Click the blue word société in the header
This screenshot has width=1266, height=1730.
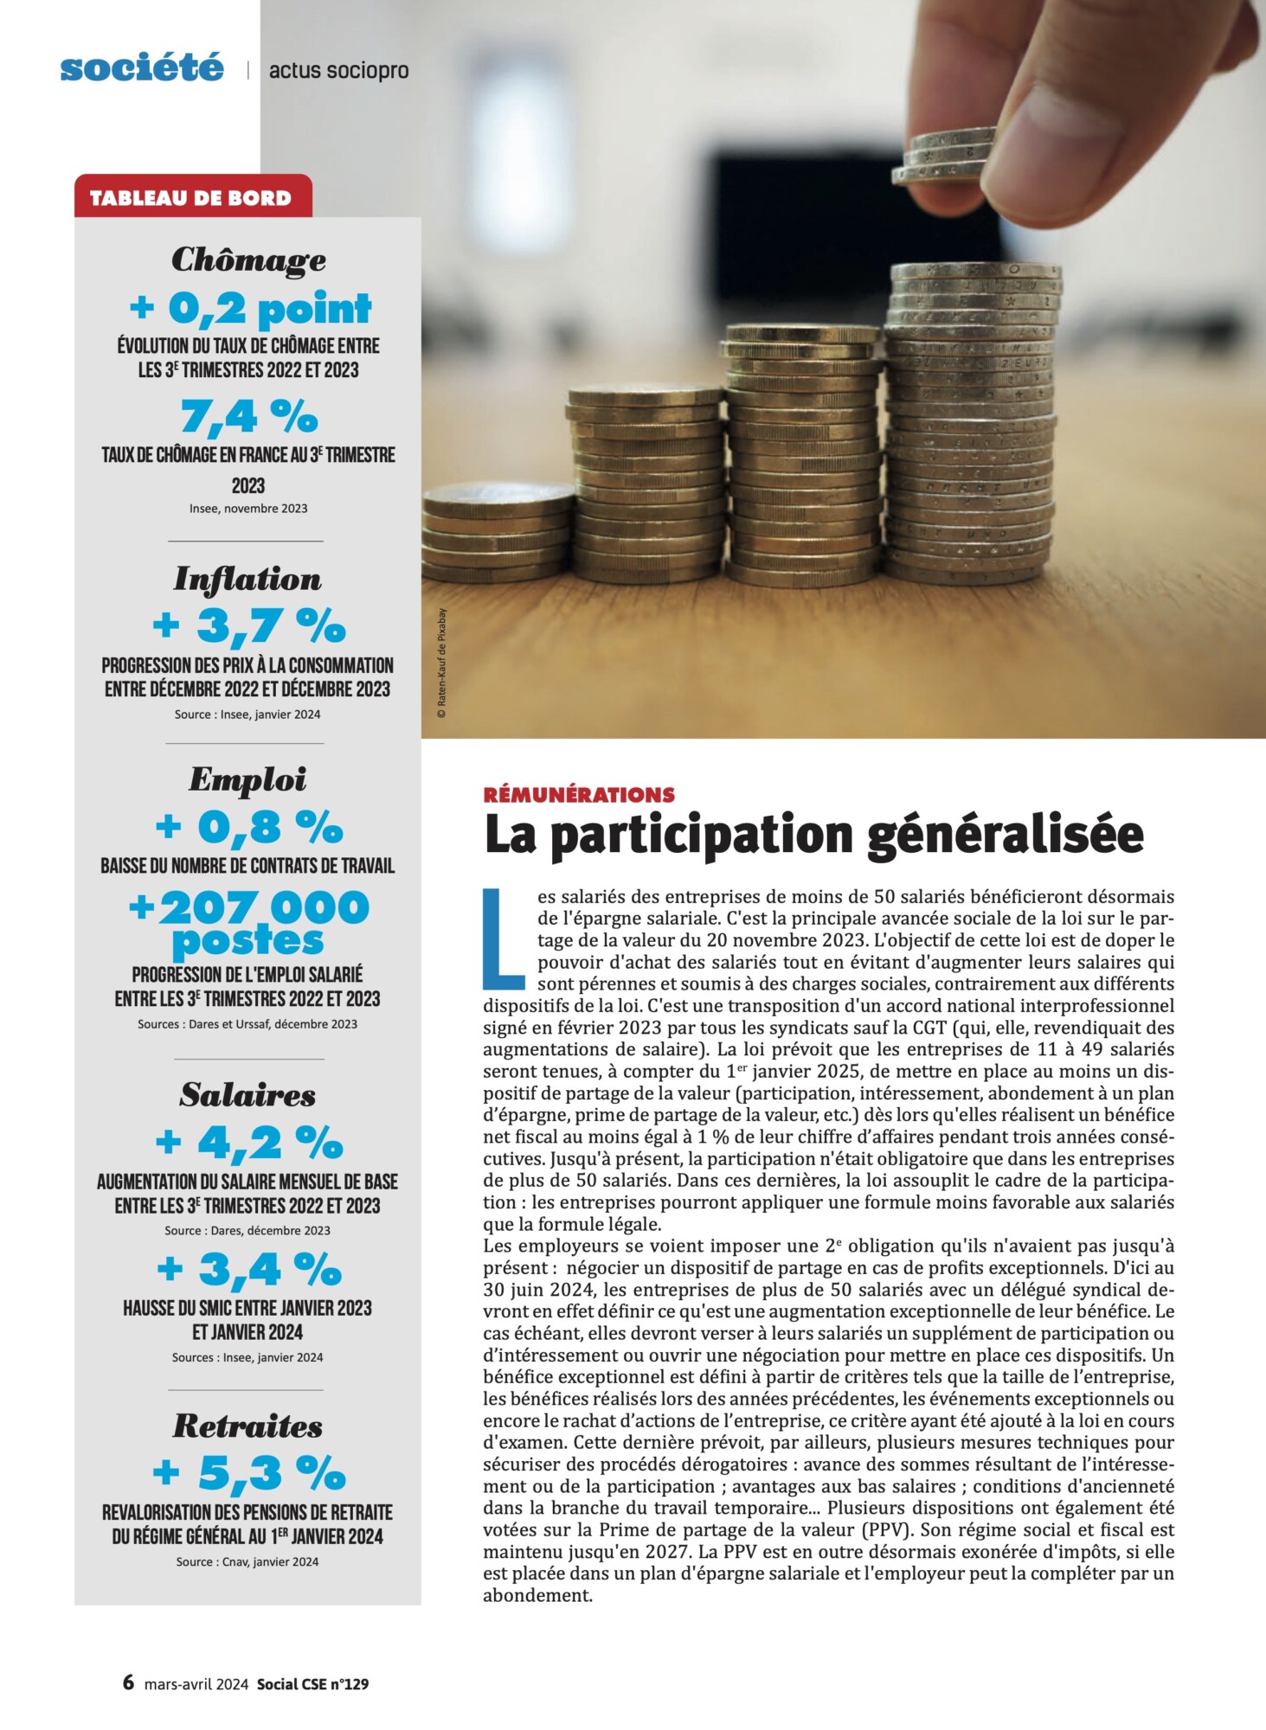[x=142, y=67]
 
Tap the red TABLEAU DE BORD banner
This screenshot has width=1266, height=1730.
[x=191, y=197]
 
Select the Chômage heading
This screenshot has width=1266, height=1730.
[x=248, y=259]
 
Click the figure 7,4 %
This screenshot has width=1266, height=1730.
[x=249, y=416]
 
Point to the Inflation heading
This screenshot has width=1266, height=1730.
[x=247, y=579]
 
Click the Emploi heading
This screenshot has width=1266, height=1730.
[x=247, y=779]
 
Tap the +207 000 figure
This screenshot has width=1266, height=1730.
[x=249, y=908]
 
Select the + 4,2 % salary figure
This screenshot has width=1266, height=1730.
[x=249, y=1143]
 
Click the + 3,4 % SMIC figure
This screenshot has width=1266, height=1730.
[x=249, y=1269]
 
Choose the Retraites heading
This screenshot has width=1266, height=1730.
[x=247, y=1426]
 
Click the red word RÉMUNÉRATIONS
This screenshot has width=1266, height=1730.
[x=580, y=794]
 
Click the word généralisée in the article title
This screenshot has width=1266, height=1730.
[x=1005, y=834]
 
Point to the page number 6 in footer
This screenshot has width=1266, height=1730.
[x=128, y=1682]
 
